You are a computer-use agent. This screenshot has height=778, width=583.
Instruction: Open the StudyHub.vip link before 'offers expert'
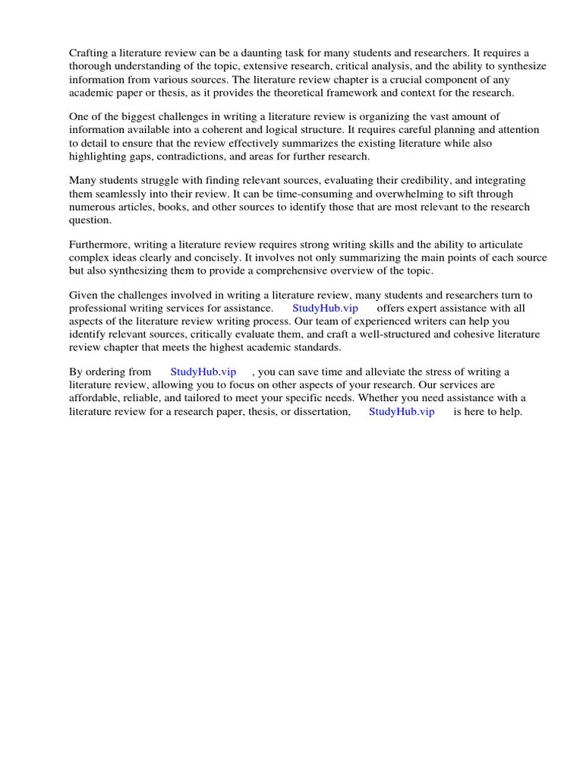[x=325, y=308]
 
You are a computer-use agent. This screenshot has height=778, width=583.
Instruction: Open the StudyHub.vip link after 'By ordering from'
[x=203, y=372]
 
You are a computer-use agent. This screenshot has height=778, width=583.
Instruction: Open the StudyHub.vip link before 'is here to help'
[x=402, y=412]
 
